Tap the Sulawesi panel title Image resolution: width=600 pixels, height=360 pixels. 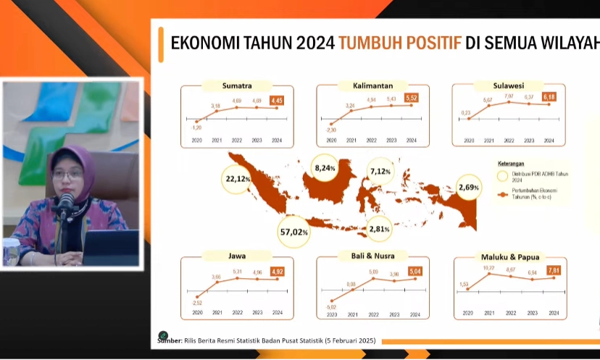[508, 86]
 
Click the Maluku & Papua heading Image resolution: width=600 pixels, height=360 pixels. [510, 256]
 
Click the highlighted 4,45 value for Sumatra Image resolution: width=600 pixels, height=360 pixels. [277, 101]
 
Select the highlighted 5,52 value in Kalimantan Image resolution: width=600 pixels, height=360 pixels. [412, 96]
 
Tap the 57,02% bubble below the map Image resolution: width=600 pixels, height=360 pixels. [293, 232]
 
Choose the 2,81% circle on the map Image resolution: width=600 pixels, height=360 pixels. [379, 229]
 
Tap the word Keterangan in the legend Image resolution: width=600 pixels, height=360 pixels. [513, 164]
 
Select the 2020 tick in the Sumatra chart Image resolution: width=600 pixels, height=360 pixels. [197, 141]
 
